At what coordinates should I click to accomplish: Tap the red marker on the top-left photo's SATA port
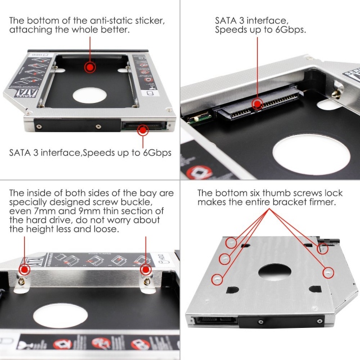click(143, 130)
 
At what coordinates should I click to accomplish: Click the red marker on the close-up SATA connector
click(258, 103)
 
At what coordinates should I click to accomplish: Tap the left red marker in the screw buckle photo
click(24, 269)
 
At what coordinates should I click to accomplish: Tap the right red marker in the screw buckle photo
click(146, 269)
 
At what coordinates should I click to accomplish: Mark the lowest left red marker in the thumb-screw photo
click(215, 278)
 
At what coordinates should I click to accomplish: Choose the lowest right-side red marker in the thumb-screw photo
click(327, 271)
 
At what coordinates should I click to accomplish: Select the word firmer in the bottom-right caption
click(321, 202)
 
